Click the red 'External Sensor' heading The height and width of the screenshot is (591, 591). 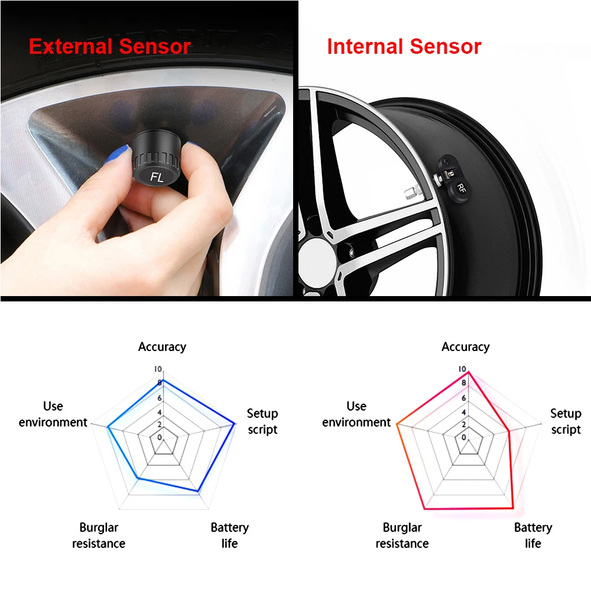(110, 46)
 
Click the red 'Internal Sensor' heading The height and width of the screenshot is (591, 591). (404, 46)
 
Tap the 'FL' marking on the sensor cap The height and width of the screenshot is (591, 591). (157, 176)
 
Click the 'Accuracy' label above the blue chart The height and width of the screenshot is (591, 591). (162, 347)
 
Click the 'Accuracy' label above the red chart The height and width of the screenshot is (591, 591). (466, 347)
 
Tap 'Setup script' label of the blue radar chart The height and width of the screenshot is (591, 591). (262, 421)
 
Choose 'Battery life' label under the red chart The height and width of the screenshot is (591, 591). (533, 535)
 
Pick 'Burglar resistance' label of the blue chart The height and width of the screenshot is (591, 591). (99, 535)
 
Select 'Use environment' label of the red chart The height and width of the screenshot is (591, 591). (356, 414)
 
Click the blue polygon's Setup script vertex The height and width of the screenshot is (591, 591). (235, 424)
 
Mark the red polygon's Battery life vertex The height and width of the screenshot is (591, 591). (513, 509)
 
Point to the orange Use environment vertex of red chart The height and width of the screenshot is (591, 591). (397, 424)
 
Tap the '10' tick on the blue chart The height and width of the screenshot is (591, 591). (158, 369)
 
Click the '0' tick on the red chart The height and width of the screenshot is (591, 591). (463, 437)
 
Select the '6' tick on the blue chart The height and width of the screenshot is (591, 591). (160, 398)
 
